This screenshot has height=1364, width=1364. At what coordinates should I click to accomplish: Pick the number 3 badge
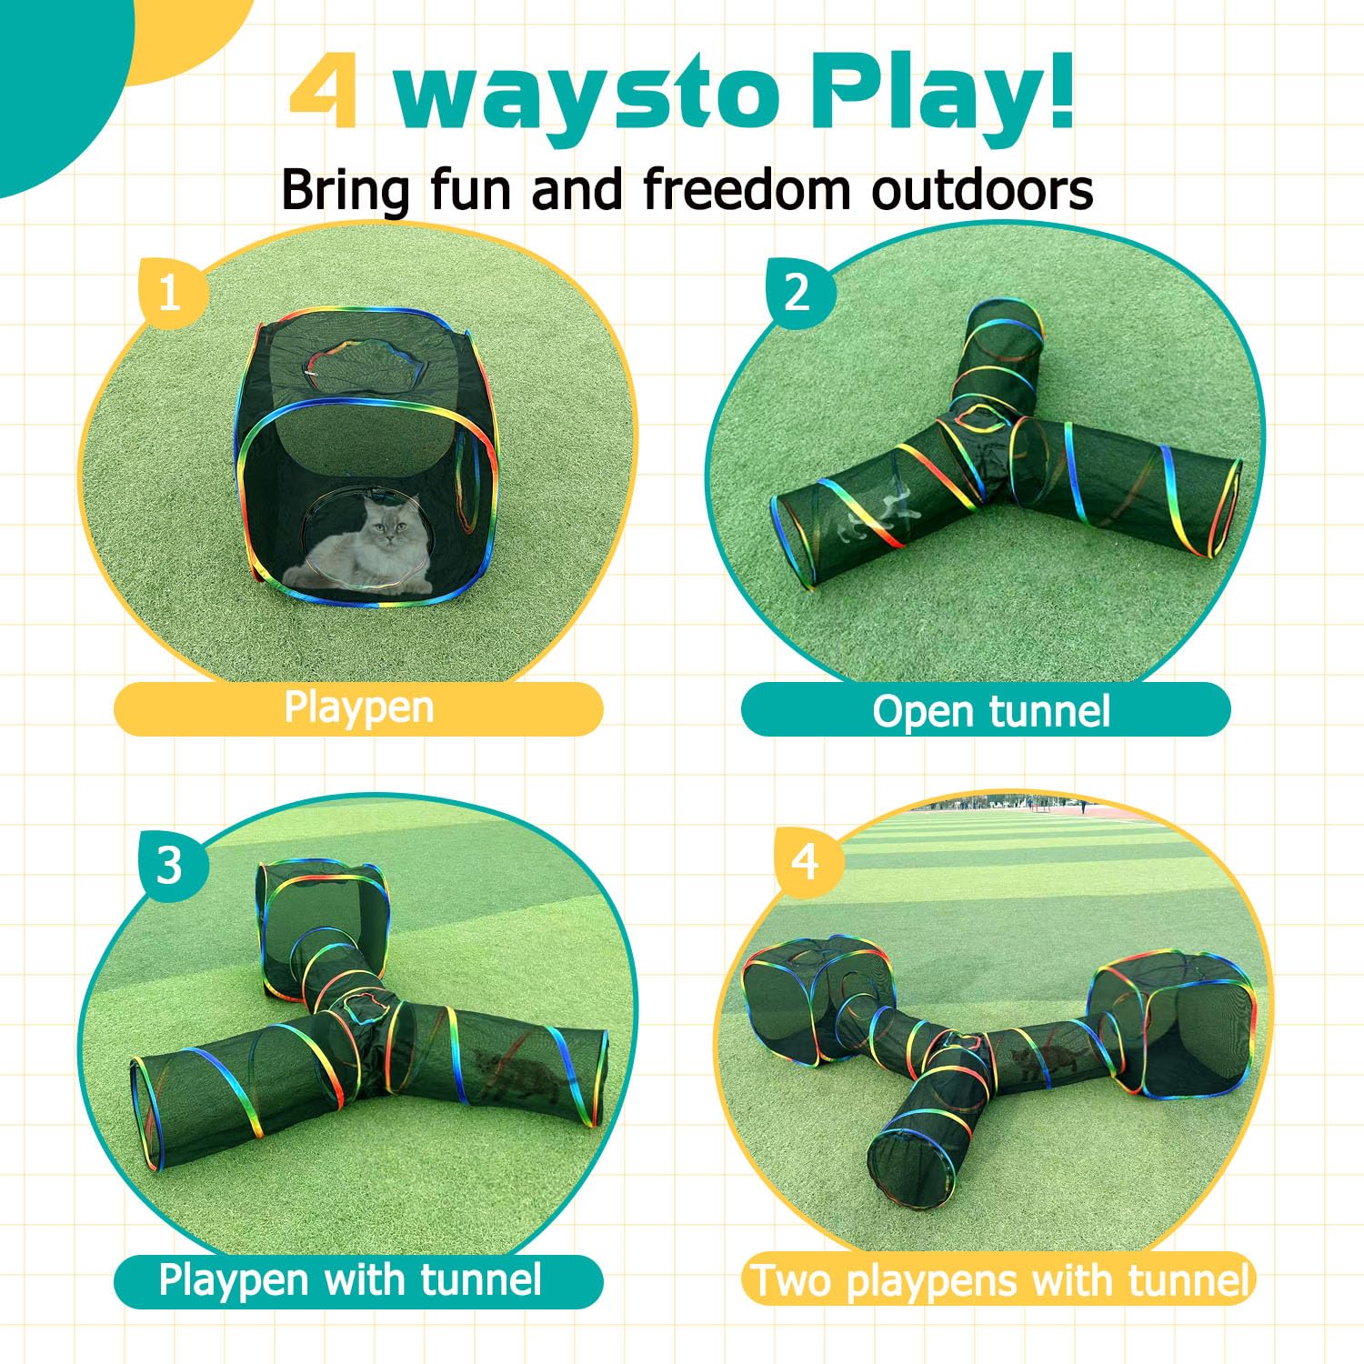pyautogui.click(x=170, y=866)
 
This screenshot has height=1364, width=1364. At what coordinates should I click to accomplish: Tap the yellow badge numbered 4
pyautogui.click(x=806, y=861)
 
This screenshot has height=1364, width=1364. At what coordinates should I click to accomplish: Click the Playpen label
pyautogui.click(x=358, y=708)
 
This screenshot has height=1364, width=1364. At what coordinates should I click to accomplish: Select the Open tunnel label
pyautogui.click(x=989, y=710)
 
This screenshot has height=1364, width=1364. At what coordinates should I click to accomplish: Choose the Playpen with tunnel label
pyautogui.click(x=350, y=1280)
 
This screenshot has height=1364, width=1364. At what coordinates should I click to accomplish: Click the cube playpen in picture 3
pyautogui.click(x=318, y=918)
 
